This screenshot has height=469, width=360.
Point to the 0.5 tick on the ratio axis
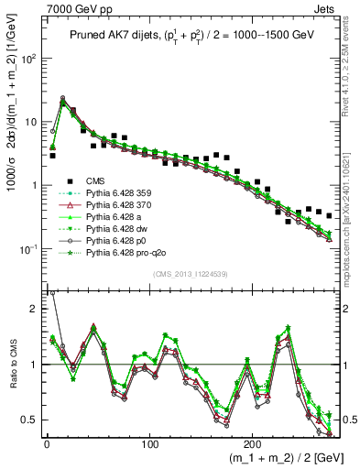[28, 420]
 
